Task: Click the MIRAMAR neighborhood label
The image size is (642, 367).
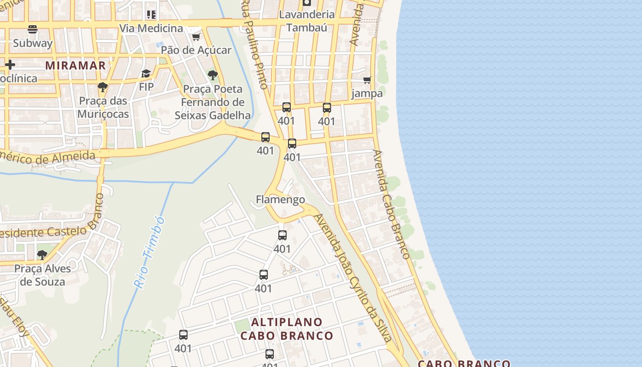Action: click(76, 65)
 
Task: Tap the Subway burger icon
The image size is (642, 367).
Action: click(33, 30)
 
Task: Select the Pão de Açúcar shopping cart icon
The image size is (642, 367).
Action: click(196, 37)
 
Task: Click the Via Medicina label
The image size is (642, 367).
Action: click(151, 28)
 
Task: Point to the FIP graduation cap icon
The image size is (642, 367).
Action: click(146, 74)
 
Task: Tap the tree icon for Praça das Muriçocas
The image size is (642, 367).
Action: click(103, 87)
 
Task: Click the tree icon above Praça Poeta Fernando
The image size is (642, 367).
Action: click(212, 75)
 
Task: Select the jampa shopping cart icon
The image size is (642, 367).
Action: click(367, 80)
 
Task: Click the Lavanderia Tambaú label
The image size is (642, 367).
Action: click(307, 21)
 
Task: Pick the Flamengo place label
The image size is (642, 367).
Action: click(280, 200)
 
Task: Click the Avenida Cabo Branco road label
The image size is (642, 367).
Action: click(391, 204)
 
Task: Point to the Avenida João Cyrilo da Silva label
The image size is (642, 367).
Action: click(353, 278)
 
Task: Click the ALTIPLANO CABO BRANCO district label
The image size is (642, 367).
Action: click(287, 328)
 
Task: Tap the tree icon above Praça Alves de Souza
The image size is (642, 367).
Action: click(42, 255)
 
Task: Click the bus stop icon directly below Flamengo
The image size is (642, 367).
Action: click(282, 235)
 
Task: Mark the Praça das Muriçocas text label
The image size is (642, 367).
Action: click(103, 107)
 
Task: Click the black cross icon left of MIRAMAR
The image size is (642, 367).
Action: click(10, 65)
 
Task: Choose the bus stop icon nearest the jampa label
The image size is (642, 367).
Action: click(327, 108)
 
